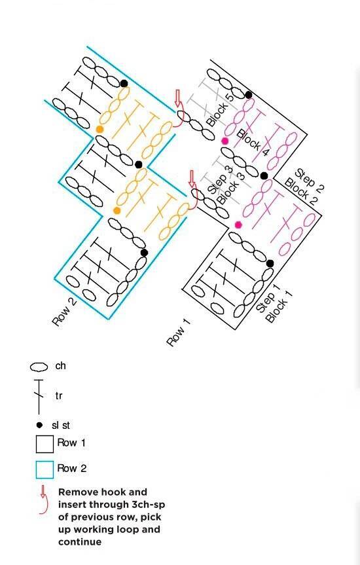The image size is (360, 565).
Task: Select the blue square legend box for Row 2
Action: tap(45, 469)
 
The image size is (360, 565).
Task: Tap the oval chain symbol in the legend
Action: tap(39, 367)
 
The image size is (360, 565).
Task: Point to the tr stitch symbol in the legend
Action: tap(39, 396)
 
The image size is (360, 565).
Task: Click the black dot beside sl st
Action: tap(40, 425)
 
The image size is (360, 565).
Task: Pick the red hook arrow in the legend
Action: tap(43, 499)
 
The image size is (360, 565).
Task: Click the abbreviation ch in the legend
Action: tap(60, 366)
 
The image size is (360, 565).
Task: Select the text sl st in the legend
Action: tap(60, 425)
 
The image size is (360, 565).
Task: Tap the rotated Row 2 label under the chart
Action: tap(65, 312)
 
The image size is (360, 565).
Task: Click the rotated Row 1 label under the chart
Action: tap(178, 332)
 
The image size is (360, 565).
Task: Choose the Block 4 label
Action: tap(253, 143)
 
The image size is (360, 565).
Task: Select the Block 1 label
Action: tap(279, 306)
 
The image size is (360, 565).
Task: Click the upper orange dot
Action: tap(100, 129)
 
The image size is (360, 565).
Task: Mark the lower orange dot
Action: tap(117, 210)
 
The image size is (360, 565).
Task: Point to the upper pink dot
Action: tap(225, 141)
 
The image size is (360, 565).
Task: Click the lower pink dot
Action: tap(238, 225)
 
